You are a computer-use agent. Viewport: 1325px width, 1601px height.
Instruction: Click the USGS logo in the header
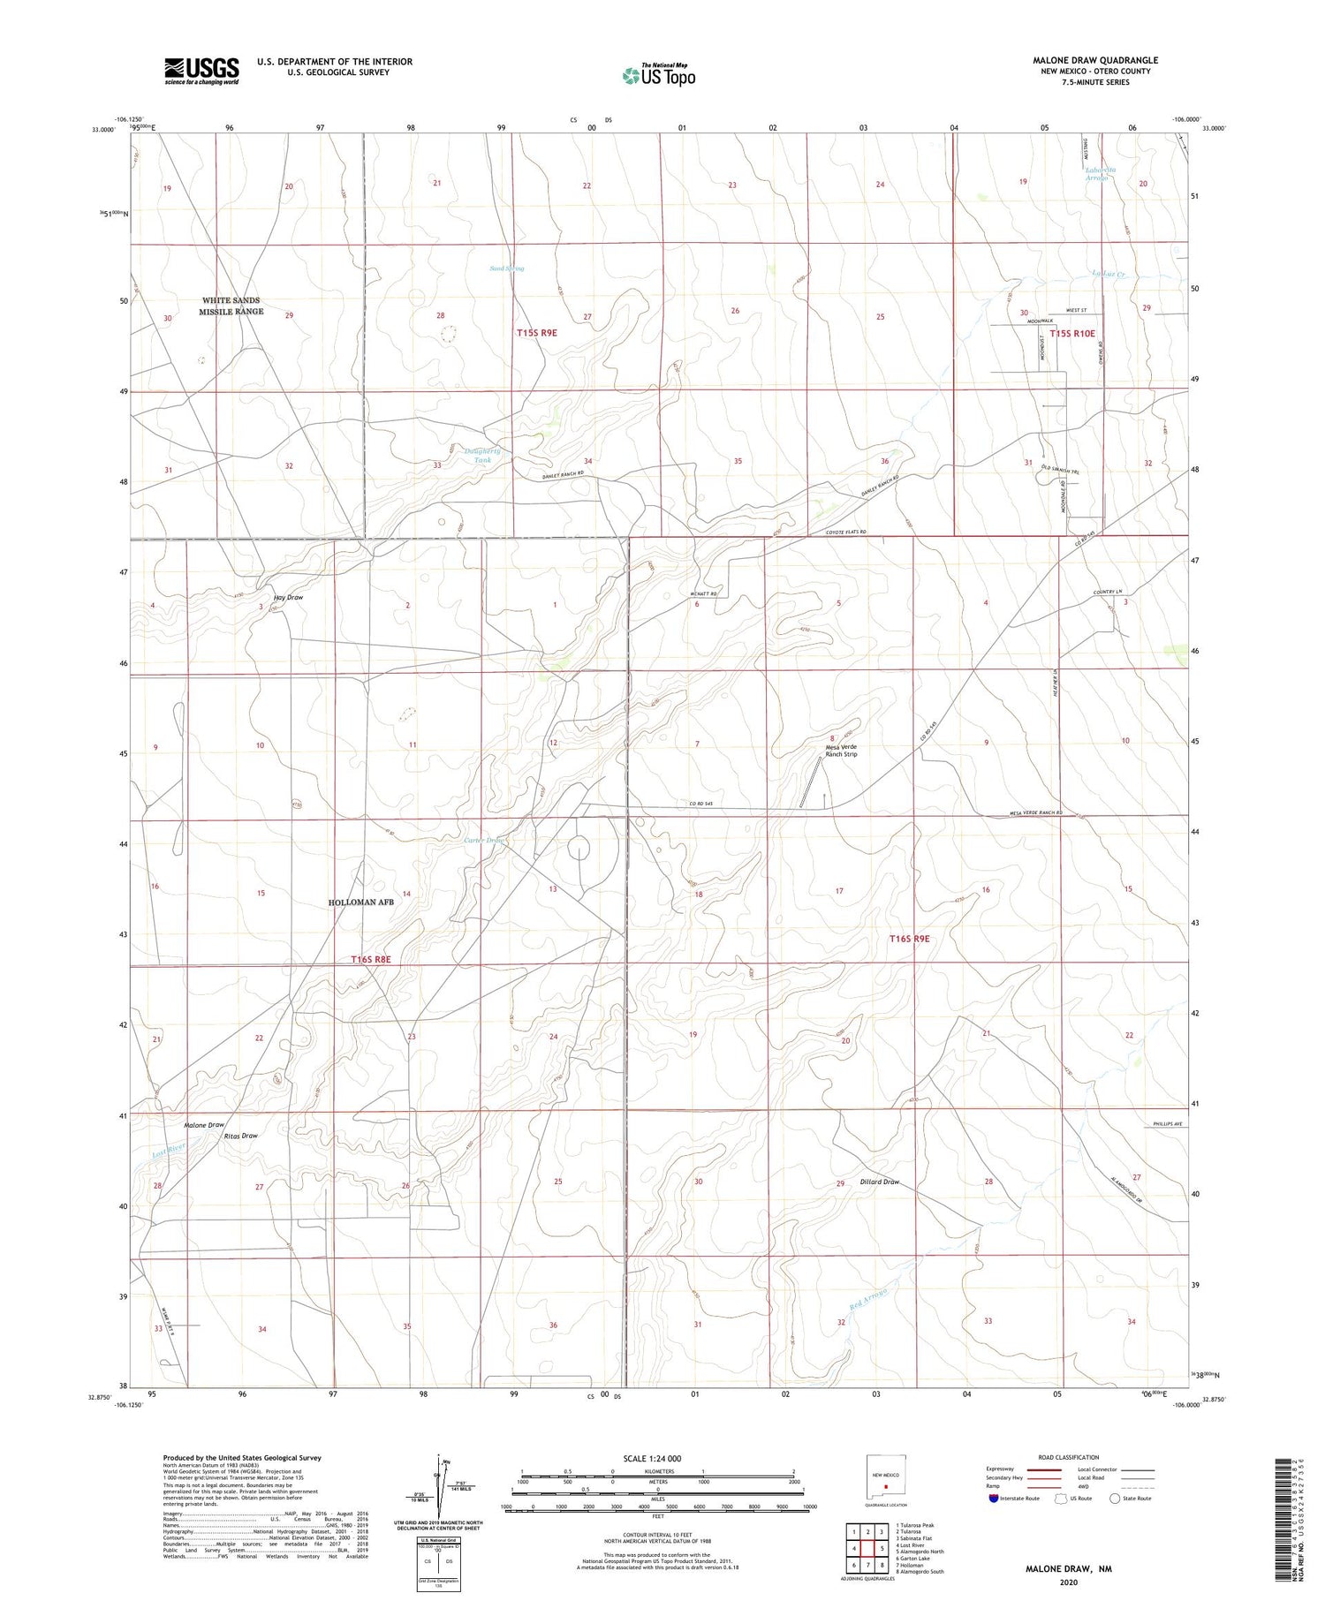pos(201,70)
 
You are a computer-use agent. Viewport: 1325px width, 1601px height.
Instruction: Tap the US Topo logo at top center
pos(659,76)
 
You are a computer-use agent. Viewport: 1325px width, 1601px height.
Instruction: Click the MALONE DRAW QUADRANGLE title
pos(1094,60)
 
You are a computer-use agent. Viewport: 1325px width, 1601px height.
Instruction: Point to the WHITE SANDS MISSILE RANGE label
pos(231,306)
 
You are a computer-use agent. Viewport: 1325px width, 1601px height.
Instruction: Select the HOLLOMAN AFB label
pos(360,902)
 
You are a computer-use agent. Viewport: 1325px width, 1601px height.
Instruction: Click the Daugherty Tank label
pos(482,456)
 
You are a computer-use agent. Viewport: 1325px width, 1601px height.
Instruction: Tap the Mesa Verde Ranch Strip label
pos(840,751)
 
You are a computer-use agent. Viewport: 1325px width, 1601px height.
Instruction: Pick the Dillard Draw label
pos(879,1182)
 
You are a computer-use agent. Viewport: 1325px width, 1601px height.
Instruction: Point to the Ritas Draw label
pos(240,1136)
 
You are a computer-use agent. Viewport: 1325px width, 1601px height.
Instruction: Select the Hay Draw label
pos(289,598)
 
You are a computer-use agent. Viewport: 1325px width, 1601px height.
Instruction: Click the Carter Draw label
pos(484,840)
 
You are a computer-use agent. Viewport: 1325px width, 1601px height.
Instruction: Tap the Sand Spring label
pos(507,268)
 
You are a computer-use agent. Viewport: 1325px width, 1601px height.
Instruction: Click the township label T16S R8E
pos(370,959)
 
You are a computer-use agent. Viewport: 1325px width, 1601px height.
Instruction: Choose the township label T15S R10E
pos(1071,334)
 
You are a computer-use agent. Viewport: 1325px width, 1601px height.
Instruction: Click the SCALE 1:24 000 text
pos(652,1458)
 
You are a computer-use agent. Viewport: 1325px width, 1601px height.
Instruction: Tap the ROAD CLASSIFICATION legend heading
pos(1068,1457)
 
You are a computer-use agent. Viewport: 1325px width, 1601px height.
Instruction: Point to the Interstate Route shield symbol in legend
pos(994,1498)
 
